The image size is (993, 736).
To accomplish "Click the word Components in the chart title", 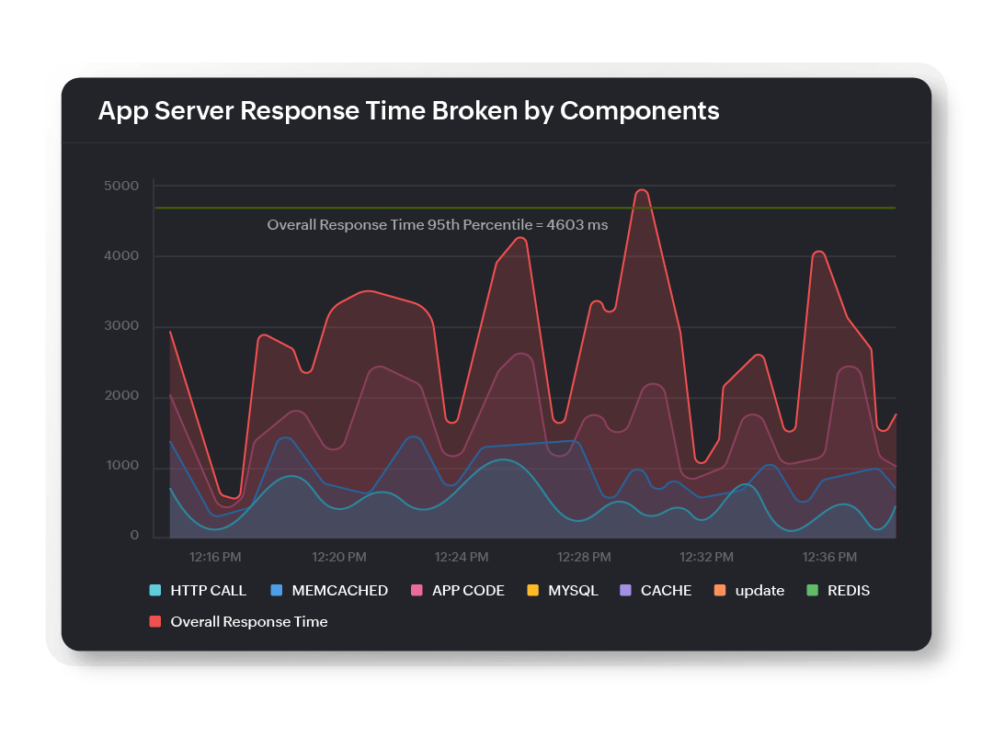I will tap(639, 111).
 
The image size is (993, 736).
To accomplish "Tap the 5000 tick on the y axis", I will tap(120, 187).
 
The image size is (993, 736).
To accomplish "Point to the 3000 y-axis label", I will tap(120, 326).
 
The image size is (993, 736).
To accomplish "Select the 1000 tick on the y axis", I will tap(120, 467).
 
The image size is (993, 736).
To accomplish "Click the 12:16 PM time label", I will tap(216, 557).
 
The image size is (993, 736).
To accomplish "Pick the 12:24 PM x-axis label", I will tap(462, 557).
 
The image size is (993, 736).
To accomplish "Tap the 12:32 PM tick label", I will tap(706, 557).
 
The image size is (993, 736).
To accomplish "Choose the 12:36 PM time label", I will tap(829, 557).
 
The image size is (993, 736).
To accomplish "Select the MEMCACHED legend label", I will tap(339, 591).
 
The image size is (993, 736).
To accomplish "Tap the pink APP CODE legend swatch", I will tap(416, 591).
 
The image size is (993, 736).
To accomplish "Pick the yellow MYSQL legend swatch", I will tap(531, 591).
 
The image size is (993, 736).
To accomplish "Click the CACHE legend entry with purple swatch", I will tap(666, 591).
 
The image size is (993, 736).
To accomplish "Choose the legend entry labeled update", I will tap(759, 591).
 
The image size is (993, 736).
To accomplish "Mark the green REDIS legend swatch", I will tap(810, 591).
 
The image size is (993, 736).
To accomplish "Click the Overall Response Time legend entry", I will tap(248, 622).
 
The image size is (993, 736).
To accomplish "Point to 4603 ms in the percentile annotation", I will tap(576, 225).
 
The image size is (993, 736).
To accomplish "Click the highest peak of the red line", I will tap(642, 190).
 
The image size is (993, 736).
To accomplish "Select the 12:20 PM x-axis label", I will tap(339, 557).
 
